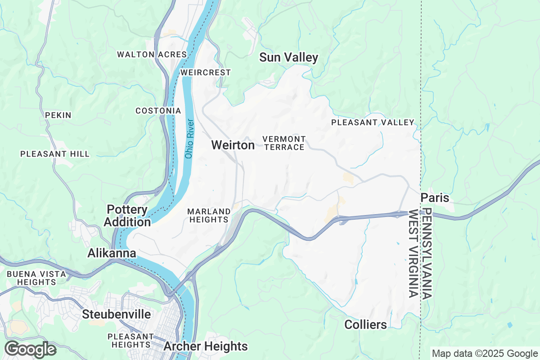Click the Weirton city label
point(233,145)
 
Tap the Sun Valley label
point(288,58)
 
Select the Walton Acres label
point(152,54)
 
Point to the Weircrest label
point(206,72)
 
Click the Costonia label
point(158,111)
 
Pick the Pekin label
point(58,115)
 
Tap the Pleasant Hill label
point(55,154)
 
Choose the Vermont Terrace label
point(284,143)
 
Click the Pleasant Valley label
point(373,122)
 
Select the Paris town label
point(435,198)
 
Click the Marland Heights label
point(209,216)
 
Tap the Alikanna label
point(112,253)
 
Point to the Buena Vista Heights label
point(36,278)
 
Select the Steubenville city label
point(117,314)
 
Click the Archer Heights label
point(206,346)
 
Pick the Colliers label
point(365,324)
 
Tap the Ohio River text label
point(189,139)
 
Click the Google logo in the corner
point(30,349)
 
